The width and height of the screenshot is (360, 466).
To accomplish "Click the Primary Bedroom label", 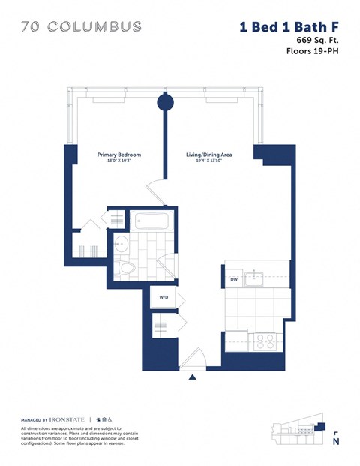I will [119, 155].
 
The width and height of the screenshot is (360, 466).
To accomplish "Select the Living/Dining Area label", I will [209, 155].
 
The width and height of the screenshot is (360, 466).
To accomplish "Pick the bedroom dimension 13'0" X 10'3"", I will [119, 161].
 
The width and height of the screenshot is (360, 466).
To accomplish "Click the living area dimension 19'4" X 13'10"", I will [209, 161].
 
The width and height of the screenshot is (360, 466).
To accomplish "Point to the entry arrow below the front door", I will [193, 377].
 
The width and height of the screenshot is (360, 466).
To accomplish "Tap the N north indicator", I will [334, 441].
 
